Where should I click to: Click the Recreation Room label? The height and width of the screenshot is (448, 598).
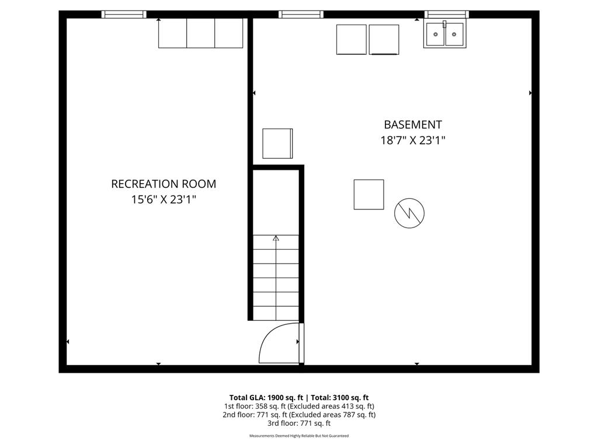(164, 184)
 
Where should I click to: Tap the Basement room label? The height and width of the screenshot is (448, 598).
(413, 124)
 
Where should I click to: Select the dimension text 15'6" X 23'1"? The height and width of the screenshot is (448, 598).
(164, 199)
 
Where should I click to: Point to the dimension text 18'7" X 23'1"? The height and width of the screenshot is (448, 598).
(413, 140)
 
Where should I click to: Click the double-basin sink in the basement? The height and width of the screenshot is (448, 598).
(445, 35)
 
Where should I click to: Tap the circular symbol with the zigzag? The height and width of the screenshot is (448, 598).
(409, 213)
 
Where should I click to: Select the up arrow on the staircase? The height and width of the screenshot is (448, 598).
(276, 238)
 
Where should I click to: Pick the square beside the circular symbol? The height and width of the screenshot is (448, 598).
(368, 194)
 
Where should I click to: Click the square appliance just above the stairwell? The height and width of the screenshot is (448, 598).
(277, 143)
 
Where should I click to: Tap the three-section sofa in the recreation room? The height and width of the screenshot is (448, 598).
(200, 33)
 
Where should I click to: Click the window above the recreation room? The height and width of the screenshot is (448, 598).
(124, 14)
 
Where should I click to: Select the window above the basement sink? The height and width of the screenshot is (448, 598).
(446, 14)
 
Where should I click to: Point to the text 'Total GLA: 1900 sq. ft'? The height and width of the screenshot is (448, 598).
(264, 397)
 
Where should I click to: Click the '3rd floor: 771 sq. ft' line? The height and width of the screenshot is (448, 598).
(299, 423)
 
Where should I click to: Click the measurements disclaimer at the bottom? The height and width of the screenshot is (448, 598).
(299, 436)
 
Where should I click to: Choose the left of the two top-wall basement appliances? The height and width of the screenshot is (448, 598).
(352, 39)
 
